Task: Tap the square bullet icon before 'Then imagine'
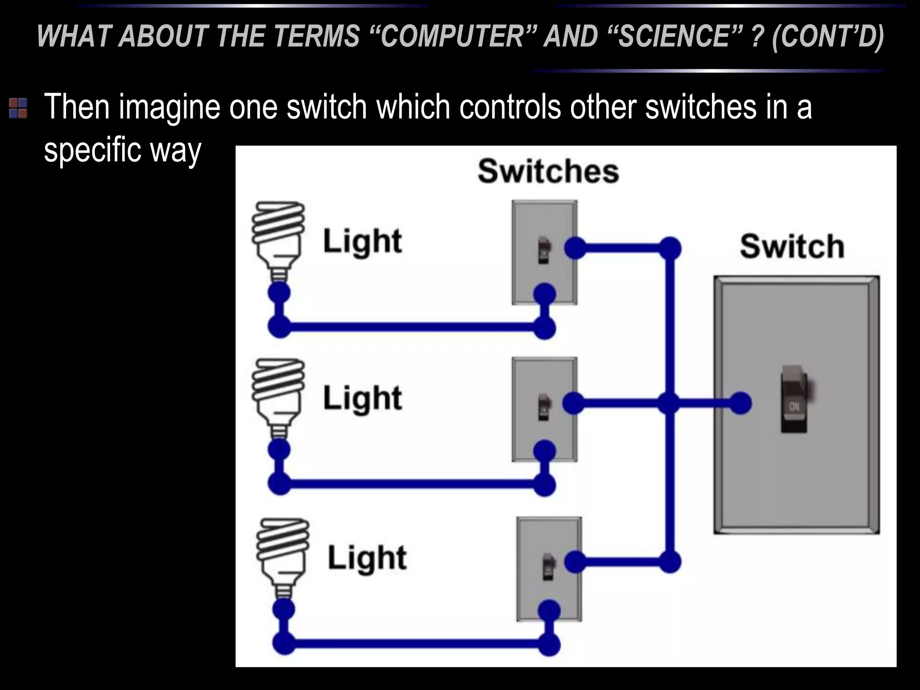point(18,108)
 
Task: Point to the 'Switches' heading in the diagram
point(548,172)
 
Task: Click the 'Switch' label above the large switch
point(792,247)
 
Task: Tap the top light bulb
point(278,236)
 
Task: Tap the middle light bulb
point(278,393)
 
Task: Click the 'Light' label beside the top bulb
point(362,242)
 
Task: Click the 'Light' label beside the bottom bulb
point(367,558)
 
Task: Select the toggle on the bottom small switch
point(548,567)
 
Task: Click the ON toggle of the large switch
point(794,400)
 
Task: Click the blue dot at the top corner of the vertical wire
point(670,248)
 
